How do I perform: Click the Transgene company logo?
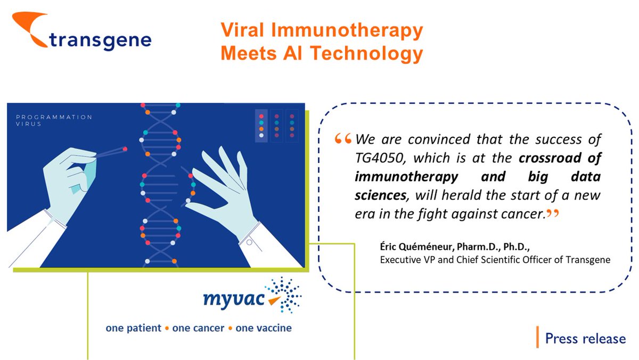click(x=80, y=35)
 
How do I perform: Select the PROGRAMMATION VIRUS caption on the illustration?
click(x=53, y=120)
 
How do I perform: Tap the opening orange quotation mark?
click(x=343, y=140)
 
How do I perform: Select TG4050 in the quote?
click(x=380, y=158)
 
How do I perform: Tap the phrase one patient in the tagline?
click(x=133, y=328)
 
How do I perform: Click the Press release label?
click(x=585, y=338)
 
